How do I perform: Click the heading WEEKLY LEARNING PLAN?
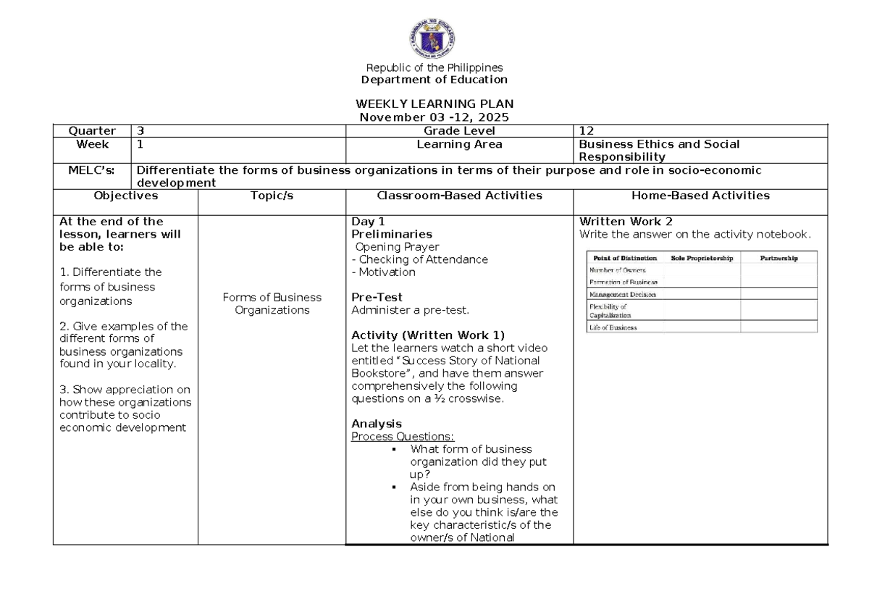pos(434,104)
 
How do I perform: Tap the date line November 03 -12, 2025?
pos(434,117)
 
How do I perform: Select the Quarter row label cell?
pos(91,131)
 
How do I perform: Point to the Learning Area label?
pos(459,144)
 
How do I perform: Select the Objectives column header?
pos(125,196)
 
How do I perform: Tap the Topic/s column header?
pos(272,196)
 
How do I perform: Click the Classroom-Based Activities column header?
pos(459,196)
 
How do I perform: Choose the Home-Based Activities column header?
pos(700,196)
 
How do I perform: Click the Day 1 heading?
pos(368,222)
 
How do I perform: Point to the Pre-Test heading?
pos(377,298)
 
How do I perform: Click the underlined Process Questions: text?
pos(403,437)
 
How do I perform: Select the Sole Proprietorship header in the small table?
pos(702,258)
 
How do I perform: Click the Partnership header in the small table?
pos(778,258)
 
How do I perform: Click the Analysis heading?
pos(377,424)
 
